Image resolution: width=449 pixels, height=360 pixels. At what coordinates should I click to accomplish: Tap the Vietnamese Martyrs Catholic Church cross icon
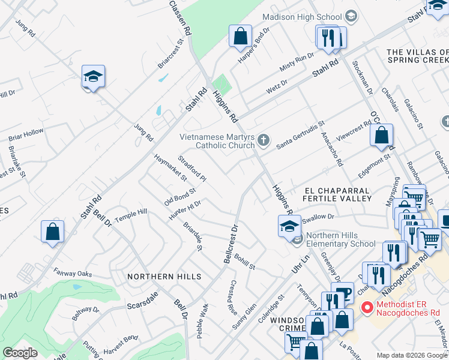click(x=263, y=142)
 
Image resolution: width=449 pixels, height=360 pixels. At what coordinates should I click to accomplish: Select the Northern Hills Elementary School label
click(x=340, y=239)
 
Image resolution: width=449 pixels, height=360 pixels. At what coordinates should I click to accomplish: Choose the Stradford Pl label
click(x=192, y=169)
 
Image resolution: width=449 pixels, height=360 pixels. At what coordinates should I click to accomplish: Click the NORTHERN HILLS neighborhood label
click(x=164, y=277)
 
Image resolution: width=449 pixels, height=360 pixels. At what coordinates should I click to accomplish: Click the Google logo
click(x=20, y=353)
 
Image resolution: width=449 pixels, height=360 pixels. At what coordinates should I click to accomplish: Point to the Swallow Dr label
click(x=318, y=217)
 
